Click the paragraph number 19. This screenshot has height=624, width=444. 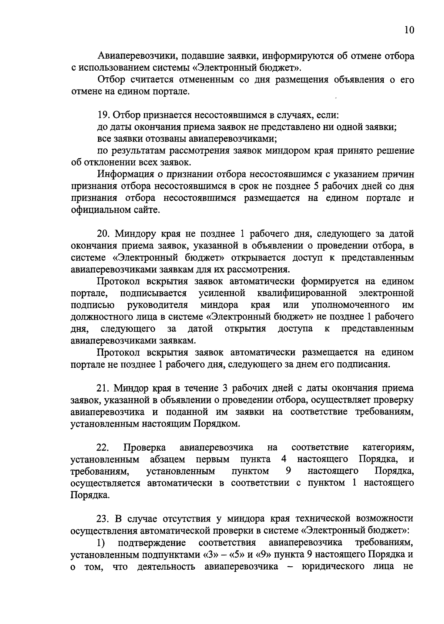point(102,115)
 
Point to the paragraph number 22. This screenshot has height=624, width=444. point(102,448)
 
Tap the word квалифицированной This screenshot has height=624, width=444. point(302,294)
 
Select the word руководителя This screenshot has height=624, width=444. point(158,305)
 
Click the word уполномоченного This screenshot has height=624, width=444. point(350,305)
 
